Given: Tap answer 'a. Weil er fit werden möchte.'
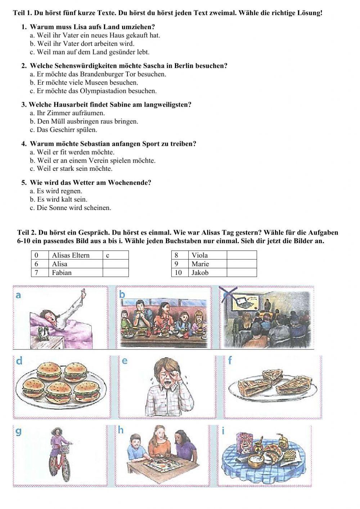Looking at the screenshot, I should click(x=72, y=152).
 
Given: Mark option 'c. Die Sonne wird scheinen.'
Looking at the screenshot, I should click(x=71, y=208).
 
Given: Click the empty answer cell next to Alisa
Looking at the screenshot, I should click(x=115, y=264).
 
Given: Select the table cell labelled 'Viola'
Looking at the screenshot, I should click(x=207, y=255).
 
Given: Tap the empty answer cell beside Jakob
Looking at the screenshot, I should click(x=242, y=272).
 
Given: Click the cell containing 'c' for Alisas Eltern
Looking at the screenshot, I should click(x=115, y=255).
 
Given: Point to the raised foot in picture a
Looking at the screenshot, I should click(x=84, y=293).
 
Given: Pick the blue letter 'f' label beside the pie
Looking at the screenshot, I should click(x=230, y=360).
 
